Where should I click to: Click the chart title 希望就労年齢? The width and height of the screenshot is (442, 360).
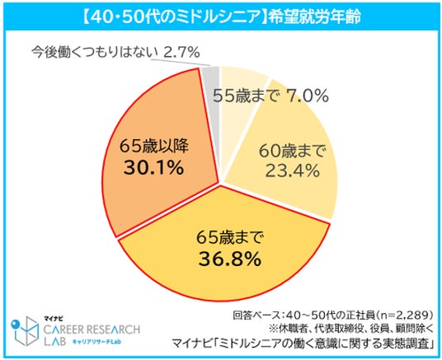(x=315, y=17)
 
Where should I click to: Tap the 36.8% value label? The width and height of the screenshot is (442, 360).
(x=230, y=259)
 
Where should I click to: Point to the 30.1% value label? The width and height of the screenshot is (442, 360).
(x=154, y=167)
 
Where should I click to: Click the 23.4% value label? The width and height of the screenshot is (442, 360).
(x=292, y=171)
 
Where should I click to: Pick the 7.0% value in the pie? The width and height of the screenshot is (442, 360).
(x=308, y=96)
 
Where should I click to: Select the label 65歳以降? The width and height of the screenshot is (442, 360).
(x=154, y=146)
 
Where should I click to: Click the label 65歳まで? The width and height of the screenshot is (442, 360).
(x=229, y=237)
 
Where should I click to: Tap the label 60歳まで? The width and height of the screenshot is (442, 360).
(x=292, y=152)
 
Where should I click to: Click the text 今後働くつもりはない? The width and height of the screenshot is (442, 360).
(x=96, y=52)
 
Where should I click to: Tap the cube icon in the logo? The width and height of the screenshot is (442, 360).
(x=25, y=331)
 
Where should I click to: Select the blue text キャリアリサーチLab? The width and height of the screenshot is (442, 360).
(x=96, y=342)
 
